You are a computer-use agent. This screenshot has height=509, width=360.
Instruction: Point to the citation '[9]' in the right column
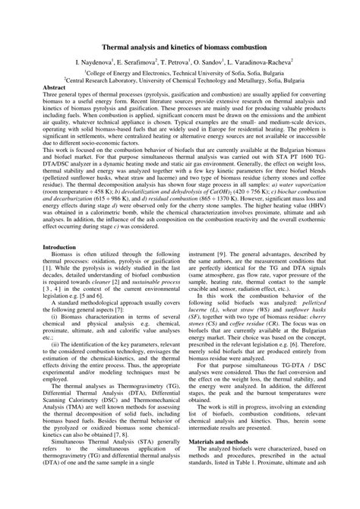click(221, 233)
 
